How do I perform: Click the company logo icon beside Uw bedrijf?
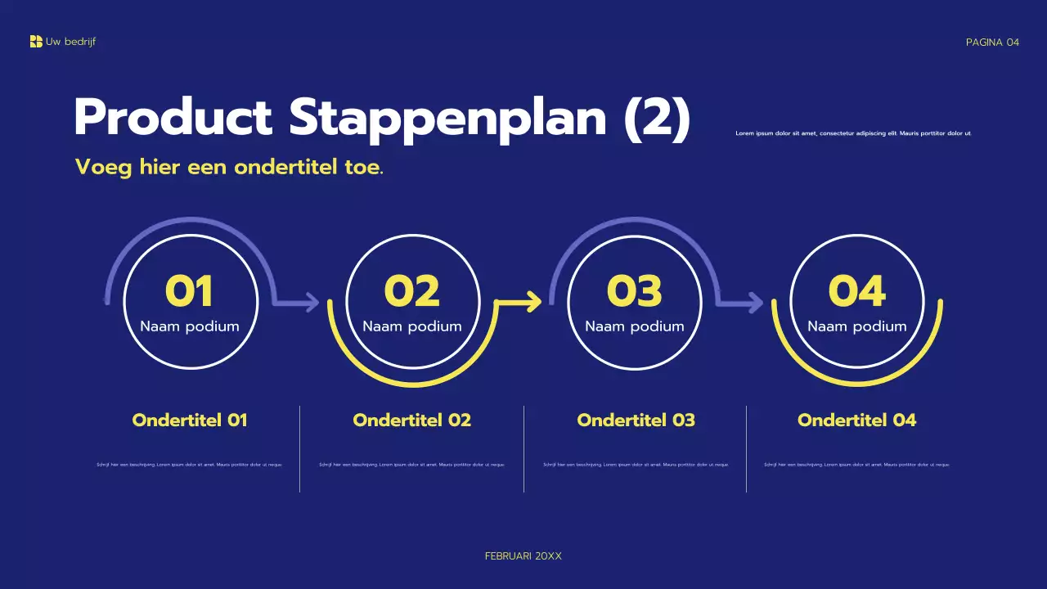36,42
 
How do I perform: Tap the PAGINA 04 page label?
992,43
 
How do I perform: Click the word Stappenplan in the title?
447,118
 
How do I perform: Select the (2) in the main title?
657,118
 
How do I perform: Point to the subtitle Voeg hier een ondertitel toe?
229,168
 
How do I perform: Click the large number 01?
189,291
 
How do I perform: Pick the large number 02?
411,291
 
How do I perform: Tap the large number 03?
634,291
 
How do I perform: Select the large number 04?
856,291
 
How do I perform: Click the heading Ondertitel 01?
190,420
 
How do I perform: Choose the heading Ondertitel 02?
412,420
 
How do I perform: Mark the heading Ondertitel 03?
636,420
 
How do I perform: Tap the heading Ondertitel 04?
856,420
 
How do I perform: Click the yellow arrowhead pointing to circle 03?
535,302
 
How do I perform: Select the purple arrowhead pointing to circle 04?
756,303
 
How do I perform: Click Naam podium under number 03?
635,326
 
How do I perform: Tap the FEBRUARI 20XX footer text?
523,556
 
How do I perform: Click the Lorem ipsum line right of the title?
853,133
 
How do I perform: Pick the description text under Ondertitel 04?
856,465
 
